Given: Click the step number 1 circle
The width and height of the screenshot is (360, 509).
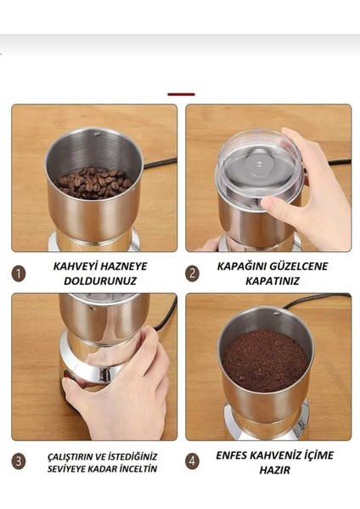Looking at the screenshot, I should (19, 273).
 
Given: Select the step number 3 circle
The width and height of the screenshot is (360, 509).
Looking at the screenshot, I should (19, 461).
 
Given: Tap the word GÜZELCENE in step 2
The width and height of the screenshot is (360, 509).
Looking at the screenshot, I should (290, 266).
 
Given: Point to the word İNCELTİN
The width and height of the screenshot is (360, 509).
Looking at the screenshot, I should (135, 468).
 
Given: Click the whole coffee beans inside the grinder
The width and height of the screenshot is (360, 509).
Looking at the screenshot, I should (93, 181).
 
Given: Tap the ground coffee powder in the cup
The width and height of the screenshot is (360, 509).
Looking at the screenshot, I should (265, 360).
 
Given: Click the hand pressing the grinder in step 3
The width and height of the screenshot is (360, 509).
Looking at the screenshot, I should (127, 386).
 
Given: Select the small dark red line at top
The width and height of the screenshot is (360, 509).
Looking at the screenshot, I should (181, 94).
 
